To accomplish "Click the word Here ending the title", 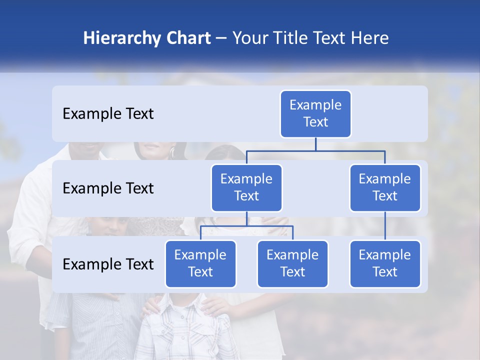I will point(369,38).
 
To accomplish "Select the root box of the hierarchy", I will point(315,113).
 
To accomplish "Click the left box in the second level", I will point(246,187).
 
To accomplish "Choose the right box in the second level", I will point(385,187).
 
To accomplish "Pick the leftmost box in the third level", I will point(200,263).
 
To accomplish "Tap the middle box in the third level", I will point(292,263).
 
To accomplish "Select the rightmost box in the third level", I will point(385,263).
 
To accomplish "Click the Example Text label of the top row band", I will point(108,113).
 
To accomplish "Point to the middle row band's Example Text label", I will point(108,188).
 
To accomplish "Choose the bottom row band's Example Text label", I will point(108,264).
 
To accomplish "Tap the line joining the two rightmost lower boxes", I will point(385,225).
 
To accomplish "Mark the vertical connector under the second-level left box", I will point(246,218).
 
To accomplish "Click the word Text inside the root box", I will point(315,122).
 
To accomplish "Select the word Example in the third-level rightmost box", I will point(385,255).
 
